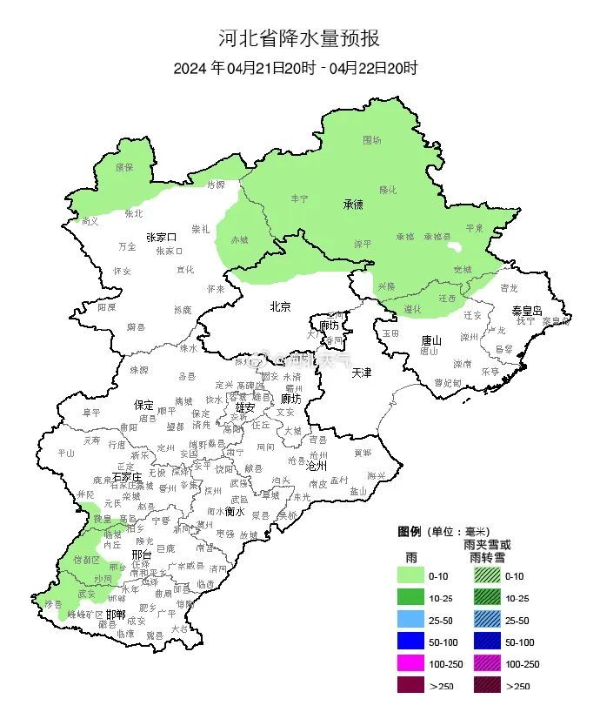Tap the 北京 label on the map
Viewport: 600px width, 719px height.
click(279, 306)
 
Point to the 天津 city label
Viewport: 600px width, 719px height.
click(361, 373)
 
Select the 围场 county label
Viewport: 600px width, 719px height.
click(372, 139)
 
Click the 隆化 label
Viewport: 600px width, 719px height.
click(387, 189)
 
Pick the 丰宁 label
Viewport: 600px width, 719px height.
click(299, 199)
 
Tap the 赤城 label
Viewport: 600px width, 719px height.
click(239, 239)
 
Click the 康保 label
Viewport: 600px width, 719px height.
click(124, 166)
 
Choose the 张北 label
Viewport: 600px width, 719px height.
click(133, 212)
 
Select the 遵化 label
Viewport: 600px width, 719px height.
click(413, 309)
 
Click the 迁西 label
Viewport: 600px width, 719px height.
click(447, 297)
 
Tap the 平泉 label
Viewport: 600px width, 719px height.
click(474, 227)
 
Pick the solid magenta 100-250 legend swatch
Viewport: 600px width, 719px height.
click(411, 664)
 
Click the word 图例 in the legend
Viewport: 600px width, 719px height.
click(410, 531)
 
